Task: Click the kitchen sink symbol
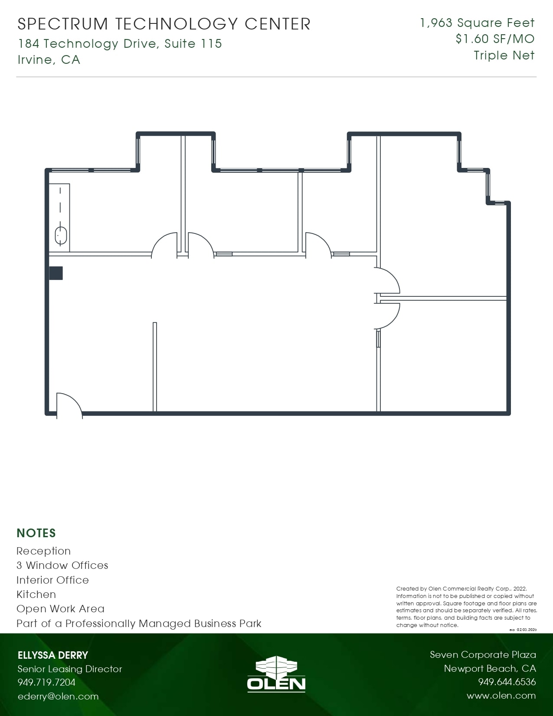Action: (x=61, y=236)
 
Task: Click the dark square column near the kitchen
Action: (x=56, y=273)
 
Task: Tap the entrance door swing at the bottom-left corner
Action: (x=69, y=404)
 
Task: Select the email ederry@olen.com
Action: (x=58, y=696)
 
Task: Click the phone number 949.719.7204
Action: (x=46, y=682)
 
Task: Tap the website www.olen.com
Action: (x=501, y=696)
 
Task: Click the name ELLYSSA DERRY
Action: (x=52, y=655)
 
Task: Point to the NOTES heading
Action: (x=36, y=533)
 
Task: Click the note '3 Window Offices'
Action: (x=62, y=565)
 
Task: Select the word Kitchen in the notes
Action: (x=36, y=594)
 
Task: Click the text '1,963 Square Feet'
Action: (x=477, y=23)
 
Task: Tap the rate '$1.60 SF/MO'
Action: (x=495, y=39)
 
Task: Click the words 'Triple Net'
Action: (x=504, y=56)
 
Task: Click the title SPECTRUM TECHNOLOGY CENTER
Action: (x=164, y=24)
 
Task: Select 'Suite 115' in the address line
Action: (x=193, y=44)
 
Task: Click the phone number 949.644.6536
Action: (x=507, y=682)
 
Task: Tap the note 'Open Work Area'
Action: (x=60, y=609)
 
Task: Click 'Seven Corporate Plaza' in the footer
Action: (x=483, y=655)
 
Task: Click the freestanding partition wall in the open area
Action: (x=155, y=367)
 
